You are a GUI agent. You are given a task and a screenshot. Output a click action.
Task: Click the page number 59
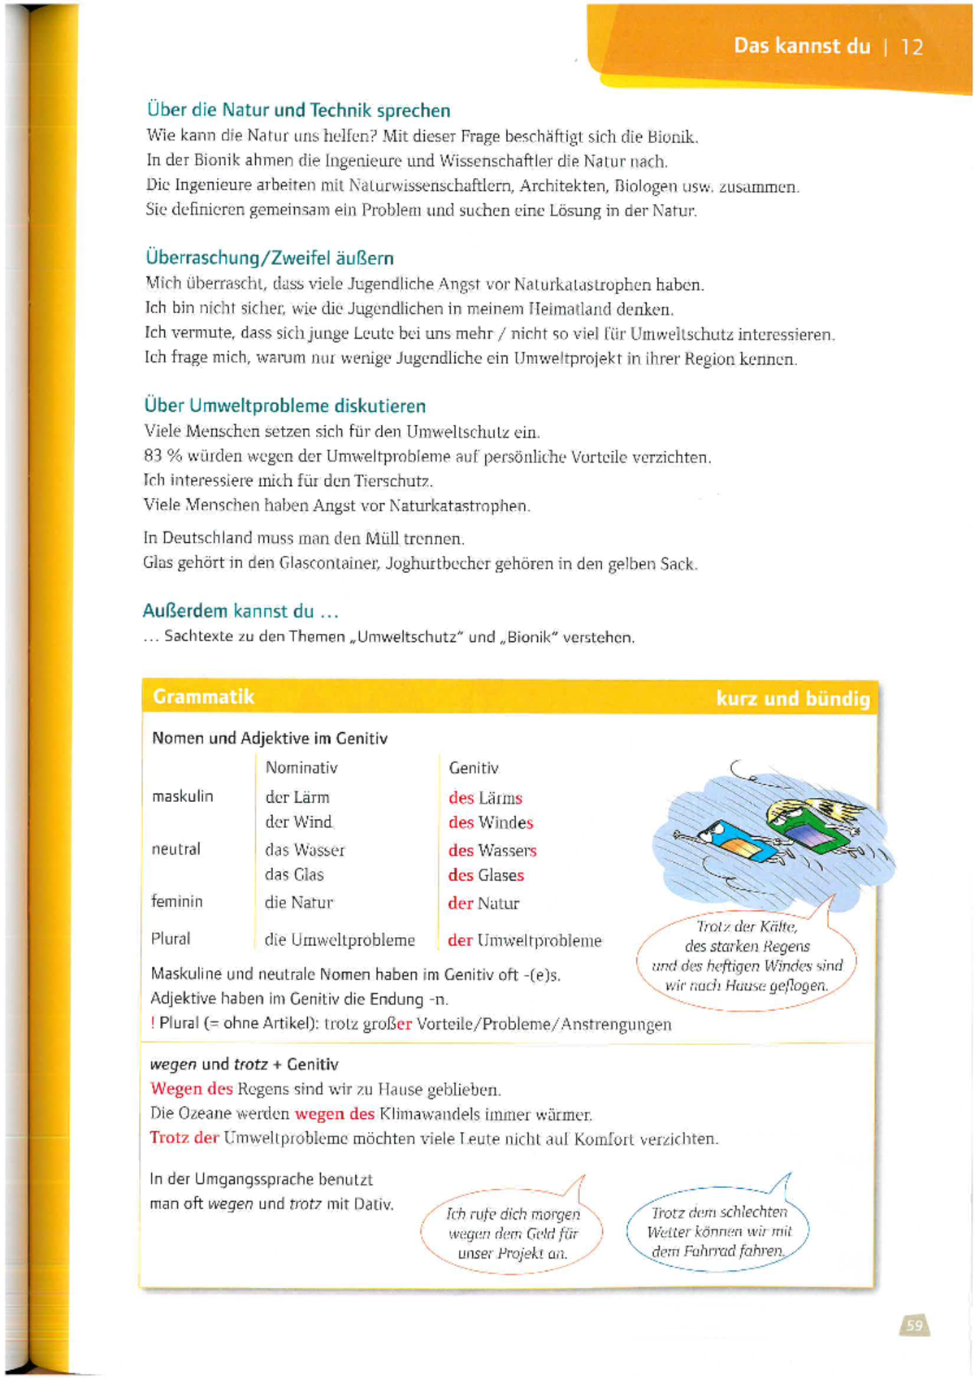[915, 1325]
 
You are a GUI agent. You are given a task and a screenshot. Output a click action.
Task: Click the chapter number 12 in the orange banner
[912, 47]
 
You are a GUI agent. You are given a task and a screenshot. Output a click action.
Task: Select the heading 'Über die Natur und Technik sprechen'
[298, 111]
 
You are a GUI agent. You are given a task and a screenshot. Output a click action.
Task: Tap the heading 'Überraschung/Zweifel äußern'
[270, 258]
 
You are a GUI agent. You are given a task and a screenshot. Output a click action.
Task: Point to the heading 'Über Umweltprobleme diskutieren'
[284, 405]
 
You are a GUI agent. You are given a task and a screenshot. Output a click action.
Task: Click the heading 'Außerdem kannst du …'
[240, 611]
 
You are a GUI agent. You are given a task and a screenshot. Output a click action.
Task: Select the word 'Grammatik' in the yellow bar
[204, 697]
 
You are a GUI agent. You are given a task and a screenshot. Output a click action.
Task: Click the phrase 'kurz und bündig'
[792, 699]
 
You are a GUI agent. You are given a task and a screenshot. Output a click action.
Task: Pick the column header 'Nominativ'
[301, 768]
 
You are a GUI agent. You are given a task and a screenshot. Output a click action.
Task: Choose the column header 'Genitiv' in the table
[474, 768]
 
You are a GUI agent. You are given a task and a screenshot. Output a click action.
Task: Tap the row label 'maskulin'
[183, 796]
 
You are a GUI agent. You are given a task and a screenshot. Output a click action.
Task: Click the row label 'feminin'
[177, 901]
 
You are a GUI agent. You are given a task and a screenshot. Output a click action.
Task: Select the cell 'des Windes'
[491, 822]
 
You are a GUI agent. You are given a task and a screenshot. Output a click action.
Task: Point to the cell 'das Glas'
[294, 875]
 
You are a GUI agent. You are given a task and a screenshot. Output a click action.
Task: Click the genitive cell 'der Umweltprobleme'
[525, 940]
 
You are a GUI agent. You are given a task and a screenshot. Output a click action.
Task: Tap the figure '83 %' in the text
[162, 457]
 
